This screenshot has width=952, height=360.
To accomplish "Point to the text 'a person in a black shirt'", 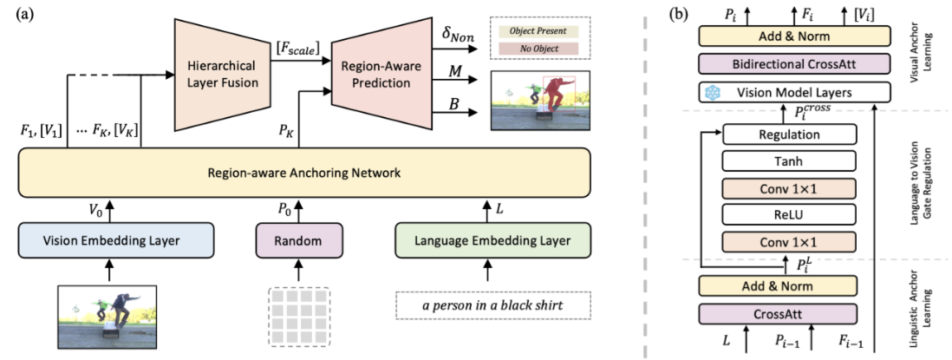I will [x=492, y=305].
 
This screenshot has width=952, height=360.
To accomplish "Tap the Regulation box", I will [x=790, y=134].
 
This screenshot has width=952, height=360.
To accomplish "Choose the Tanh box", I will [x=790, y=160].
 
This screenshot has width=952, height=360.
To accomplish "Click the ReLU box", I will [x=790, y=213].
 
